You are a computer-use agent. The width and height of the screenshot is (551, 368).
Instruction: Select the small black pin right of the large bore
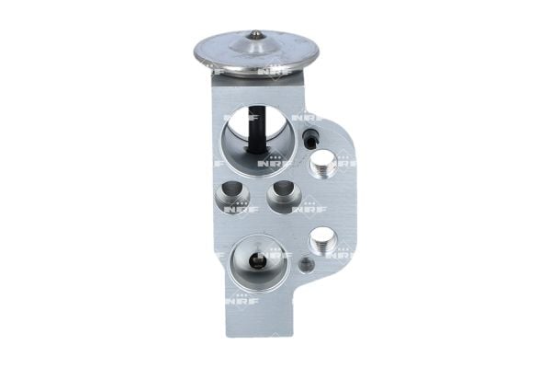pyautogui.click(x=311, y=139)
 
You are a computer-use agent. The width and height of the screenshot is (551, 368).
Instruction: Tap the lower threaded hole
pyautogui.click(x=321, y=242)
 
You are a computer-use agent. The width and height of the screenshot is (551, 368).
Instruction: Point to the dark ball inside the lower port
pyautogui.click(x=260, y=260)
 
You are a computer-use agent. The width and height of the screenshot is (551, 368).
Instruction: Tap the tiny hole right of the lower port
pyautogui.click(x=307, y=265)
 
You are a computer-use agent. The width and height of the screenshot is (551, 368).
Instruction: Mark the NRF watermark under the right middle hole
pyautogui.click(x=304, y=209)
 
